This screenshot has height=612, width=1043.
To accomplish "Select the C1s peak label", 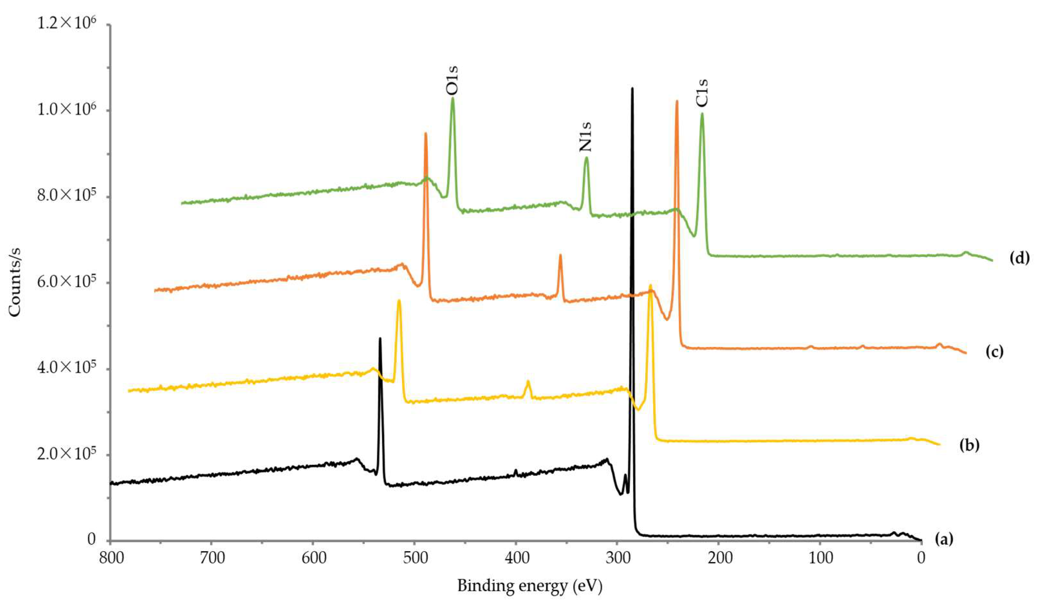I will (x=701, y=93).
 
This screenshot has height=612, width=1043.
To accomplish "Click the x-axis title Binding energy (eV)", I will (x=529, y=586).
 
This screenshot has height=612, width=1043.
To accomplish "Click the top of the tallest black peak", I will (x=632, y=89).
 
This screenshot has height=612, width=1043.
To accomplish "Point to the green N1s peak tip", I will (x=586, y=158).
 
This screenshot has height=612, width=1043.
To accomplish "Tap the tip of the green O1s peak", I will (x=452, y=99).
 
